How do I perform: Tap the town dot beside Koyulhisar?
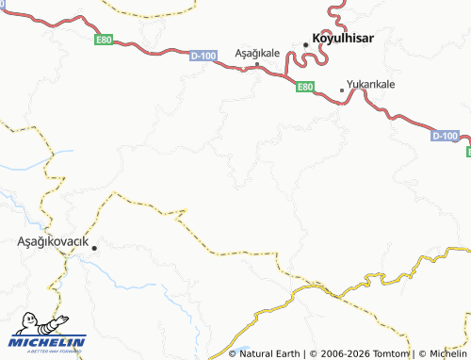click(306, 43)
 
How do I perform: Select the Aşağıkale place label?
click(256, 54)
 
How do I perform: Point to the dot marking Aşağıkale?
click(257, 64)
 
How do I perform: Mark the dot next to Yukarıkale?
click(341, 90)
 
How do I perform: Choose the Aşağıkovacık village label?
click(53, 241)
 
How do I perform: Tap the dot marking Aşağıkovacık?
click(94, 247)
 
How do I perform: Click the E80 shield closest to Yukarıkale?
click(304, 87)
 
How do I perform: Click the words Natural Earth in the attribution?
click(270, 353)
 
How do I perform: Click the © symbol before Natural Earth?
click(233, 353)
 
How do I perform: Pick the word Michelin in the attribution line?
click(447, 353)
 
